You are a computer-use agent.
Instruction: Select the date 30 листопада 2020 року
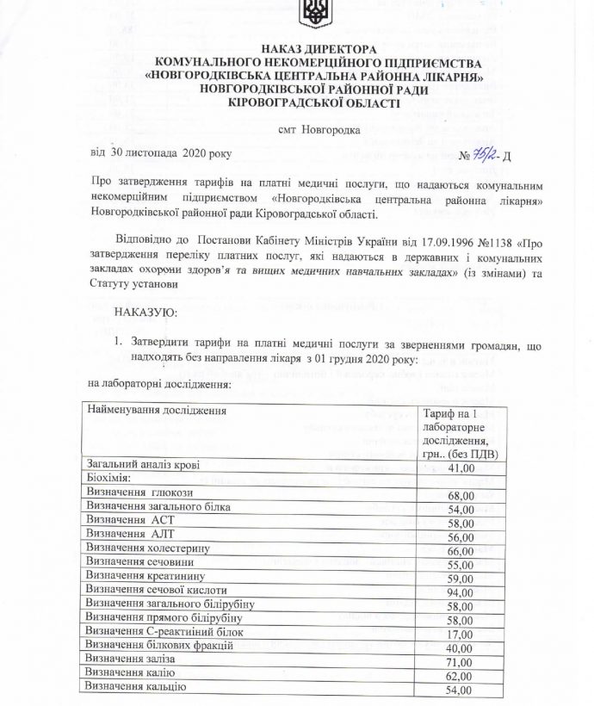[x=161, y=153]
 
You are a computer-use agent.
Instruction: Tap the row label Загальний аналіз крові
[x=144, y=465]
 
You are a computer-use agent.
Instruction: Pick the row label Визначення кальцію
[x=136, y=686]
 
